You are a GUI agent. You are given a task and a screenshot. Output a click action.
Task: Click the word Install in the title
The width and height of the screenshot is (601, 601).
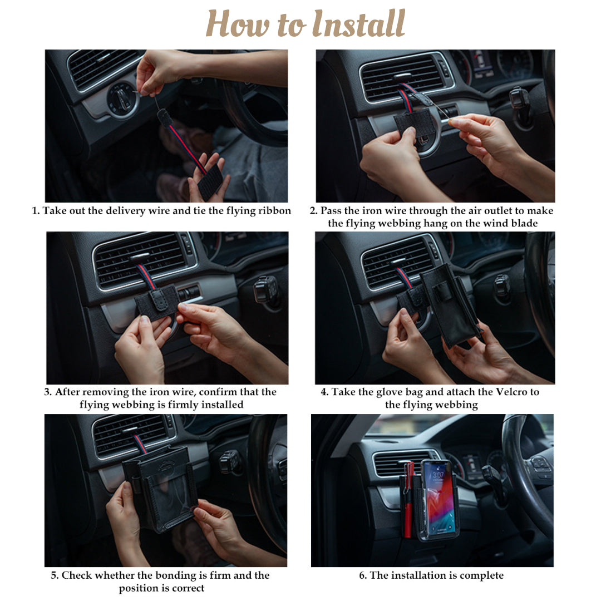click(x=359, y=24)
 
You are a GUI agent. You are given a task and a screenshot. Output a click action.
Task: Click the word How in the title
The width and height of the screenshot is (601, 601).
click(x=238, y=24)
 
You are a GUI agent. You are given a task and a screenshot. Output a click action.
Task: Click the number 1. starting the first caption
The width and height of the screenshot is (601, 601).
click(x=36, y=211)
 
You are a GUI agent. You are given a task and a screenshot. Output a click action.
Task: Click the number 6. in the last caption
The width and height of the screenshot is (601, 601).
click(x=363, y=575)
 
